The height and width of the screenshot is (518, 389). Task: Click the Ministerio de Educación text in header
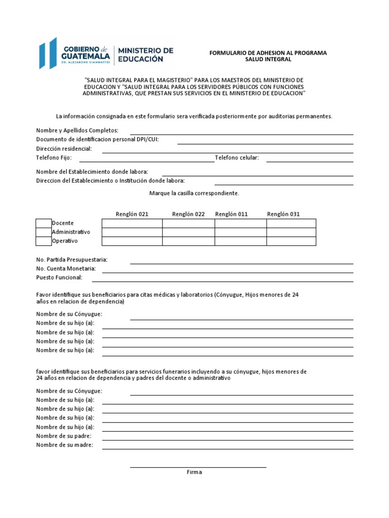point(145,55)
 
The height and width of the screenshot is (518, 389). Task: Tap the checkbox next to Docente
point(44,223)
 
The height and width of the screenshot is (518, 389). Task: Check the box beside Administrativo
point(44,232)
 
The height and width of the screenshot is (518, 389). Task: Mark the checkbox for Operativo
point(44,241)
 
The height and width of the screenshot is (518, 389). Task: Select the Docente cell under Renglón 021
point(132,223)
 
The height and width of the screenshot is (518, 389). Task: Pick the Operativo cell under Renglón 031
point(291,241)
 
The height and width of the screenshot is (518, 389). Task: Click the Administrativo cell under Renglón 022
point(188,232)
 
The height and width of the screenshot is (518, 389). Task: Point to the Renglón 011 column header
point(231,214)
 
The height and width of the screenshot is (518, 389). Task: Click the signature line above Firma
point(198,466)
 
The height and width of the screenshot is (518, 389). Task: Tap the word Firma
point(194,472)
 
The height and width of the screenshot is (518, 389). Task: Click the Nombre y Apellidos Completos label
point(77,131)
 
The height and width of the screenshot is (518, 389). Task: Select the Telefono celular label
point(237,158)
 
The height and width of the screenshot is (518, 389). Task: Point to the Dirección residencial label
point(64,149)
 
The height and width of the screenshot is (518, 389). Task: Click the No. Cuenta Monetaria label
point(66,269)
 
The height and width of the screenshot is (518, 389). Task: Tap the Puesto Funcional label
point(59,278)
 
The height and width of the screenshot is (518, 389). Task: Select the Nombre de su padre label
point(64,436)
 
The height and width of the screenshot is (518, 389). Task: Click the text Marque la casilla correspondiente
point(194,193)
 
